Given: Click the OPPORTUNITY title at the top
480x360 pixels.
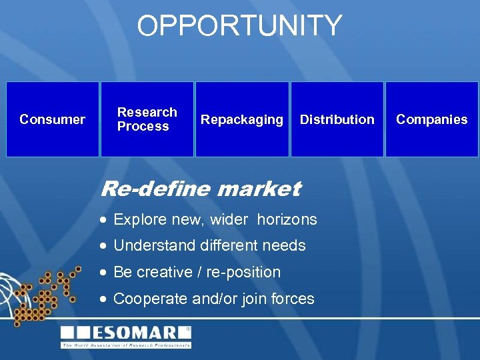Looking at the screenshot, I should [x=239, y=26].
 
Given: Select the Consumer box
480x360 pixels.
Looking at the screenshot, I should [x=53, y=119].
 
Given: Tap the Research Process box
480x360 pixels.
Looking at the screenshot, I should [x=147, y=119].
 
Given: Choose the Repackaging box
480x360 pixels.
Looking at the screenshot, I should [x=242, y=119].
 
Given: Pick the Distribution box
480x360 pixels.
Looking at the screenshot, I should [x=337, y=119].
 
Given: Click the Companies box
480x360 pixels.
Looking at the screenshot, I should [x=431, y=119].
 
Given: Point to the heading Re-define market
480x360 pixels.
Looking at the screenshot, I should [x=200, y=189].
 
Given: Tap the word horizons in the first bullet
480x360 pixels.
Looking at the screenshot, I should [x=287, y=219].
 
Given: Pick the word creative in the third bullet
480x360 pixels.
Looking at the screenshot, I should [x=163, y=272].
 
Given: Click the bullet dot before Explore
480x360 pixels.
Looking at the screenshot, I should [x=103, y=219].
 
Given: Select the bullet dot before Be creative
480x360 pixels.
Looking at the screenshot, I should [x=103, y=273].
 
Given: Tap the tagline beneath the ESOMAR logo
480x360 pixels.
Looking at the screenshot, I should [x=126, y=345].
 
